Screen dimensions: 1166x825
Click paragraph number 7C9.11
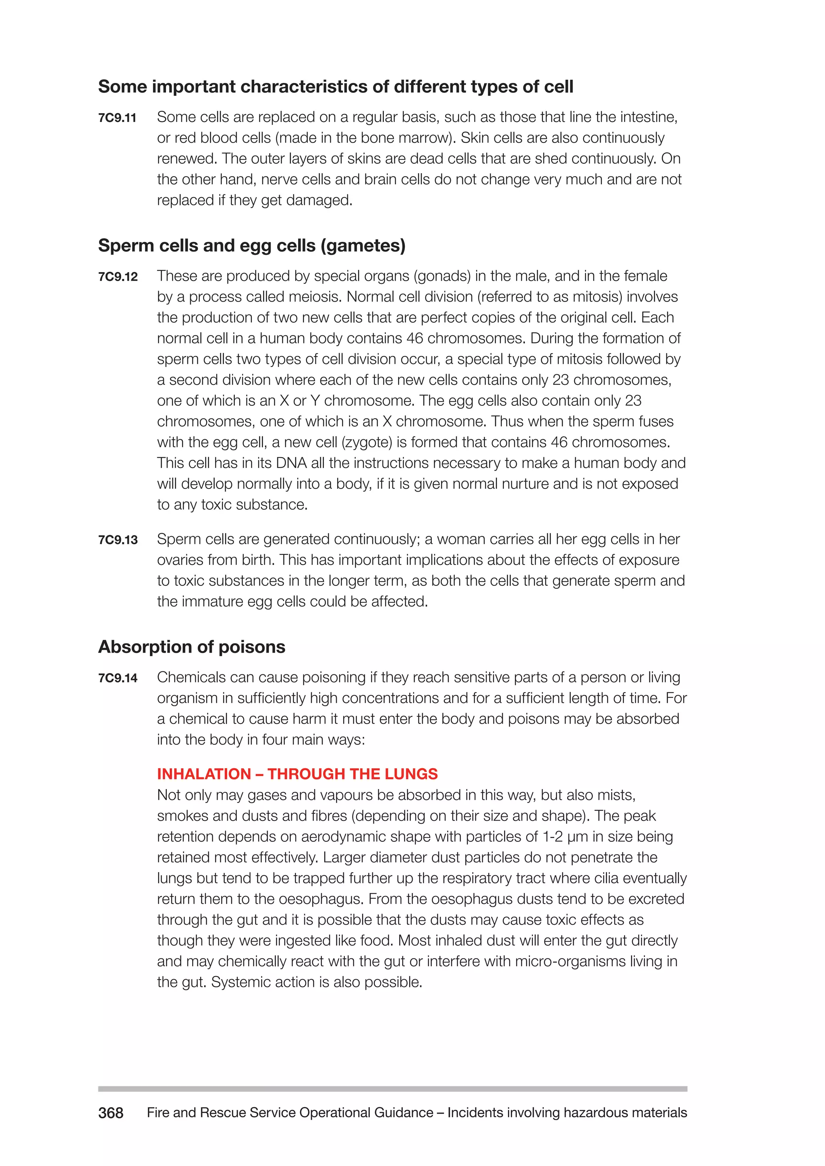(x=117, y=118)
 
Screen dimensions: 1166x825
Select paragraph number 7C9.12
(x=118, y=277)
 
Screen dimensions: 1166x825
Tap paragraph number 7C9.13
(x=118, y=540)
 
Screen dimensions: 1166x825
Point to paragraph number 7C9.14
(x=118, y=678)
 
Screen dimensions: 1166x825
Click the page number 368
(x=111, y=1113)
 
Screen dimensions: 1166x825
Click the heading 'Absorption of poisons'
(x=191, y=647)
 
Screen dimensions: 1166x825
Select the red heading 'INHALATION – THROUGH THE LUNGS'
(x=297, y=773)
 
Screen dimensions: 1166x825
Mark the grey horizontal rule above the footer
(x=392, y=1089)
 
